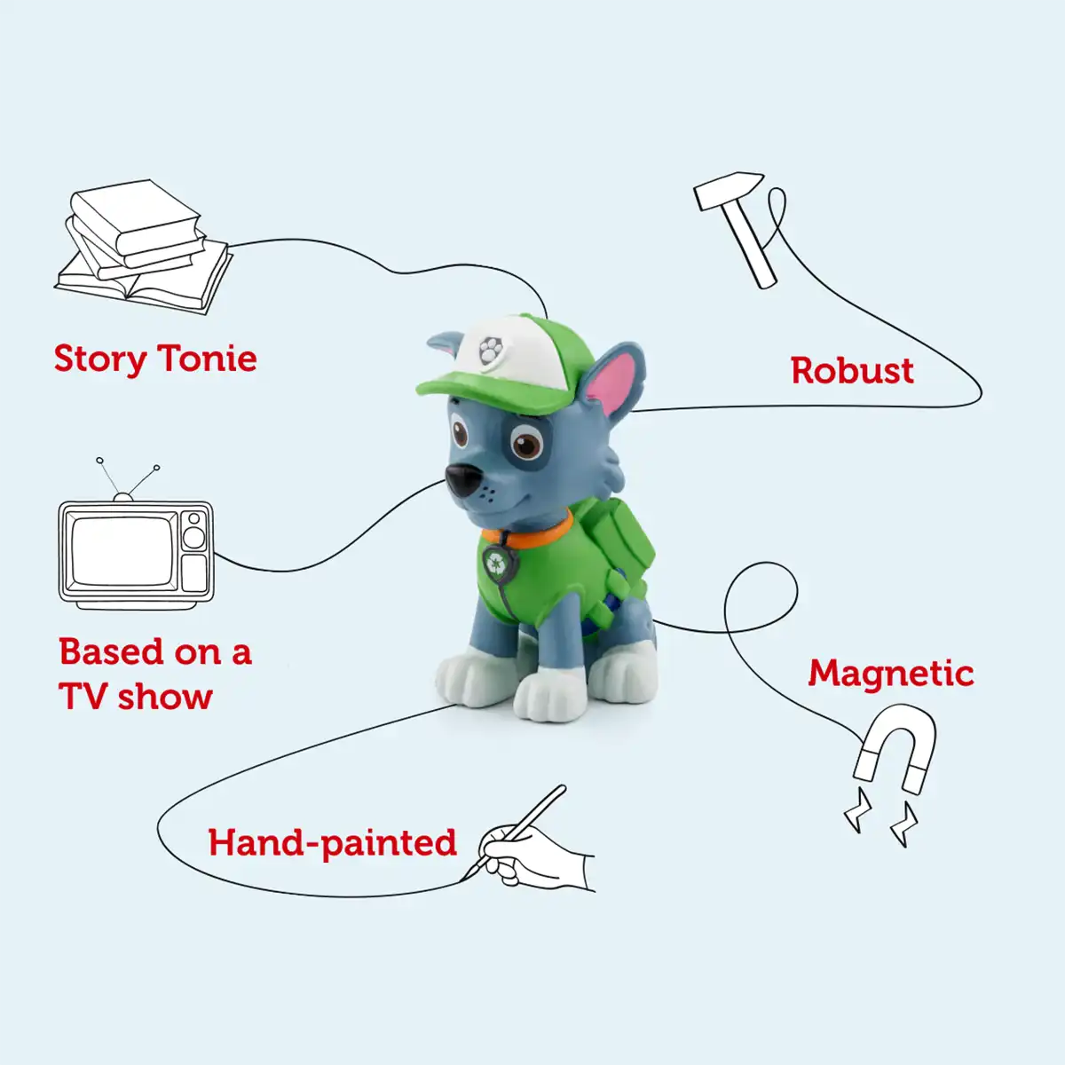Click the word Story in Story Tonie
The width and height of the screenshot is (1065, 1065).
100,359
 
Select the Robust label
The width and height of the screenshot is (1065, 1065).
852,370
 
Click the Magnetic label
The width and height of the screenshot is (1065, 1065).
891,674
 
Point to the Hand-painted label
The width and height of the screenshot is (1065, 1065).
332,843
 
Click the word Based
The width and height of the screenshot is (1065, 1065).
111,651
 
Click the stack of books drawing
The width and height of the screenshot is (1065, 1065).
144,246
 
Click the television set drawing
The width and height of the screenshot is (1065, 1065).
136,533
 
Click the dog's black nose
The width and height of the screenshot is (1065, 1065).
463,479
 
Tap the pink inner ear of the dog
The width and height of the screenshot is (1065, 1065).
611,380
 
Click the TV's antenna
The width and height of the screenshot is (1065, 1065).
127,480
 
